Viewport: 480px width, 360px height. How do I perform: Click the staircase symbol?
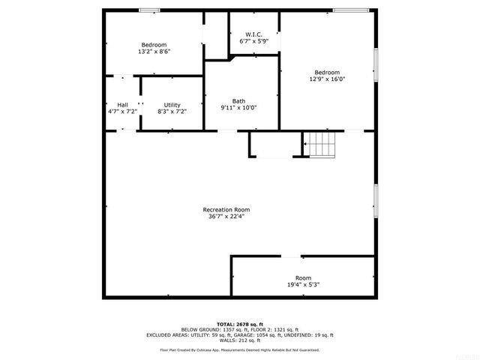tap(321, 142)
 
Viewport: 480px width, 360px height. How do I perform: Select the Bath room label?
tap(238, 100)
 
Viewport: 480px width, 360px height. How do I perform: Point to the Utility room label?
tap(172, 104)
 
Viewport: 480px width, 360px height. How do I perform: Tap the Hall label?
tap(122, 104)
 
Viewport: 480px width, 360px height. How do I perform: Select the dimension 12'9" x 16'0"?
tap(327, 79)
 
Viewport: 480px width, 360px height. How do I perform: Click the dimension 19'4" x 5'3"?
tap(303, 285)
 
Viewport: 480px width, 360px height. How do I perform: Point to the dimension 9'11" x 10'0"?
tap(238, 107)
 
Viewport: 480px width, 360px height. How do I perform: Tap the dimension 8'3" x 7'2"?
tap(172, 111)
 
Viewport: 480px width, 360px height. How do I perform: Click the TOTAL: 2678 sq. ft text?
tap(240, 324)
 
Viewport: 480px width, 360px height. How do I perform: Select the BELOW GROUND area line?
tap(240, 330)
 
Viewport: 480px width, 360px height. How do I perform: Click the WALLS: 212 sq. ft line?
tap(240, 341)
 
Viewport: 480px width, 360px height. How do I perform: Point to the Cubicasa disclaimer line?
tap(240, 350)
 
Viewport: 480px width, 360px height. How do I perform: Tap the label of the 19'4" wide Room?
tap(303, 278)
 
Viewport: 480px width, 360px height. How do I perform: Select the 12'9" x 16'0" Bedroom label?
tap(327, 73)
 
